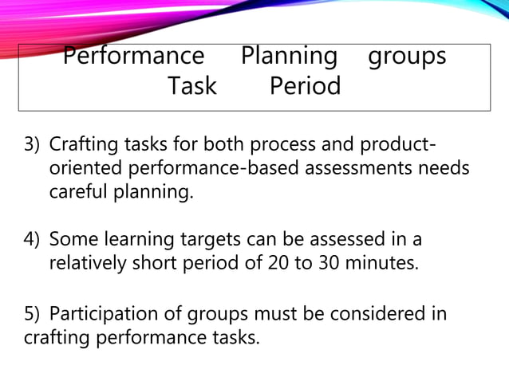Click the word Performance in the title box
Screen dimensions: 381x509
coord(133,57)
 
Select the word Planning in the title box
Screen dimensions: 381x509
coord(290,57)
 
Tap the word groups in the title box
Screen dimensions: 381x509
coord(406,57)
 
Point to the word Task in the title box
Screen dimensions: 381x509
coord(191,85)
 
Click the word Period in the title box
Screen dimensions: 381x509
coord(305,85)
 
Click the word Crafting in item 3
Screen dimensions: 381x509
coord(82,147)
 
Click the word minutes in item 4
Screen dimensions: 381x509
coord(384,263)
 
